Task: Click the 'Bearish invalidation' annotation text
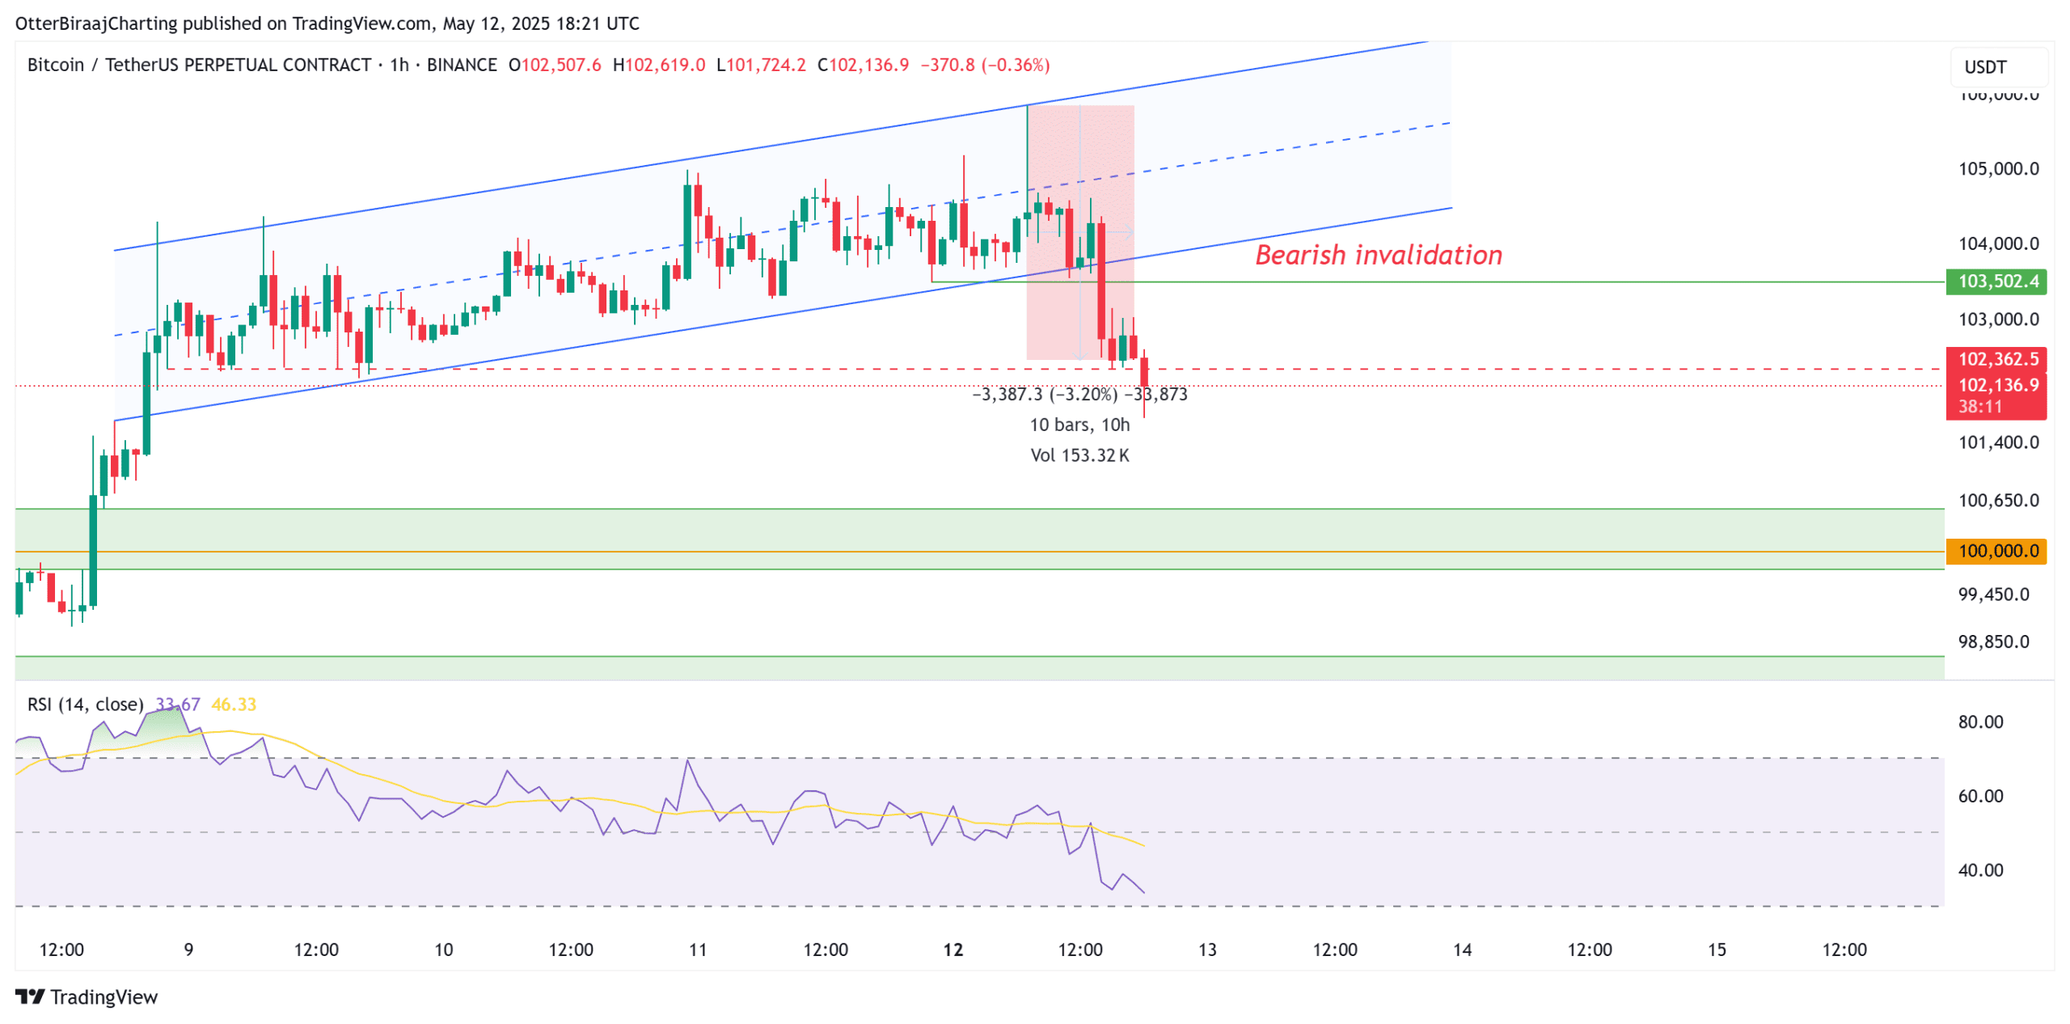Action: tap(1378, 255)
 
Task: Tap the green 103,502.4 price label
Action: tap(1996, 281)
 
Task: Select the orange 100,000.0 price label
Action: tap(1996, 551)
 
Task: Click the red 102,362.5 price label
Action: tap(1996, 359)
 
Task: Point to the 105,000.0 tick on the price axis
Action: tap(1997, 169)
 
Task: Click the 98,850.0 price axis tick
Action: tap(1993, 641)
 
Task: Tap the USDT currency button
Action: tap(1985, 67)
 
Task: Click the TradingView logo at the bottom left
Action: tap(87, 996)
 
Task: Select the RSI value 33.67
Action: tap(177, 705)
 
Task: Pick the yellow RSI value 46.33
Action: tap(233, 705)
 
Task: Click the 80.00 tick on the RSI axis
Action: tap(1980, 721)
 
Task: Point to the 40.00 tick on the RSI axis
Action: tap(1980, 870)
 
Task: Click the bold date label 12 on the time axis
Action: tap(953, 950)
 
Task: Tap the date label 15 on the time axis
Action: tap(1716, 950)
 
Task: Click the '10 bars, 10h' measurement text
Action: tap(1079, 425)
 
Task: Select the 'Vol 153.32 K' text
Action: tap(1079, 455)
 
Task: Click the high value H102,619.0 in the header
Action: tap(658, 65)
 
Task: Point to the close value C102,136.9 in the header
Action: tap(863, 65)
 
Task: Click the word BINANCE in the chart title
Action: tap(462, 65)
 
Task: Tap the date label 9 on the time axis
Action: tap(188, 950)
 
